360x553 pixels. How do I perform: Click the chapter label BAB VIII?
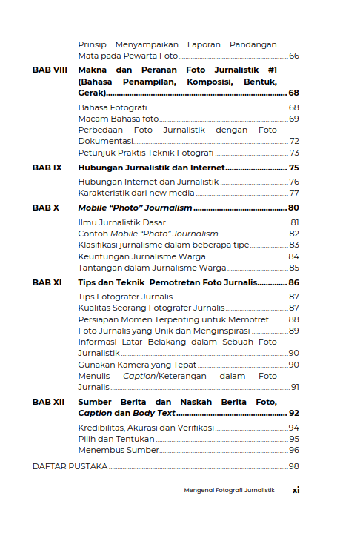[50, 70]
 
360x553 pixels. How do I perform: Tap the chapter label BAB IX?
[47, 168]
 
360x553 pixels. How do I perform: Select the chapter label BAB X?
[46, 208]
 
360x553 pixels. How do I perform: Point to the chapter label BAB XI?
[47, 282]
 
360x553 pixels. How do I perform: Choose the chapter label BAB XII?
[49, 402]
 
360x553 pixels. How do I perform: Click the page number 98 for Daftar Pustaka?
[293, 466]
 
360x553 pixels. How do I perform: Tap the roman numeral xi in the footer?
[296, 490]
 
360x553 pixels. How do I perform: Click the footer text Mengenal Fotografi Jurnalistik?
[229, 491]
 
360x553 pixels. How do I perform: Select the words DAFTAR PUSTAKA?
[70, 466]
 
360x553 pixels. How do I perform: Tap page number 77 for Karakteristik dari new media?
[293, 193]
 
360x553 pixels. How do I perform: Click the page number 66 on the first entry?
[293, 56]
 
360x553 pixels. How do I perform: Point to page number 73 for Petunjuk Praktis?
[293, 153]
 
